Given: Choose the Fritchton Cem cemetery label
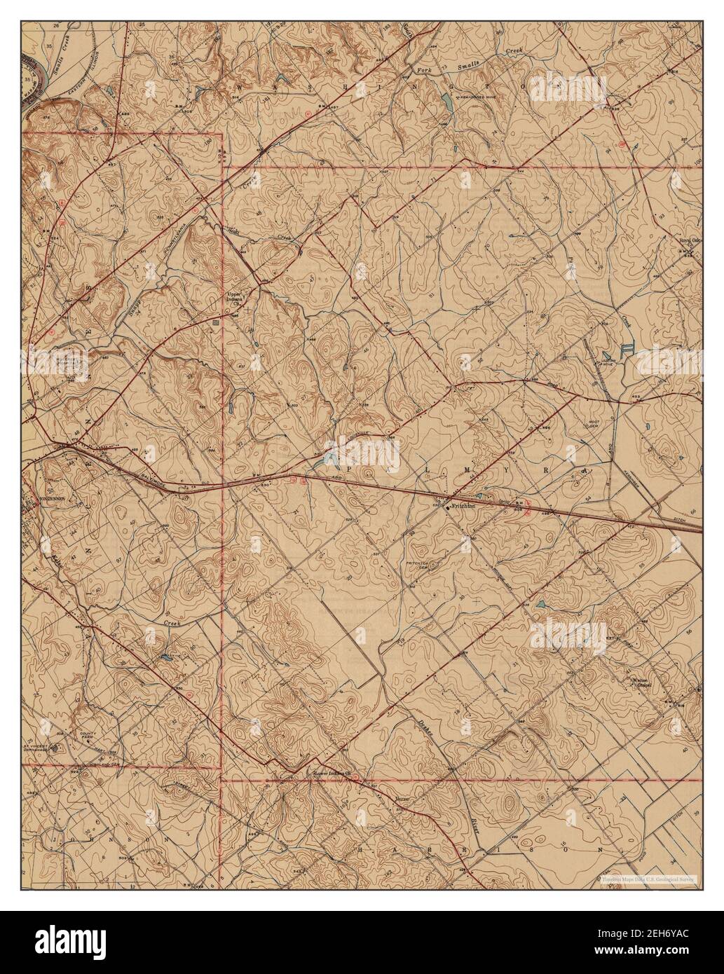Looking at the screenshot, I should pos(418,564).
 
